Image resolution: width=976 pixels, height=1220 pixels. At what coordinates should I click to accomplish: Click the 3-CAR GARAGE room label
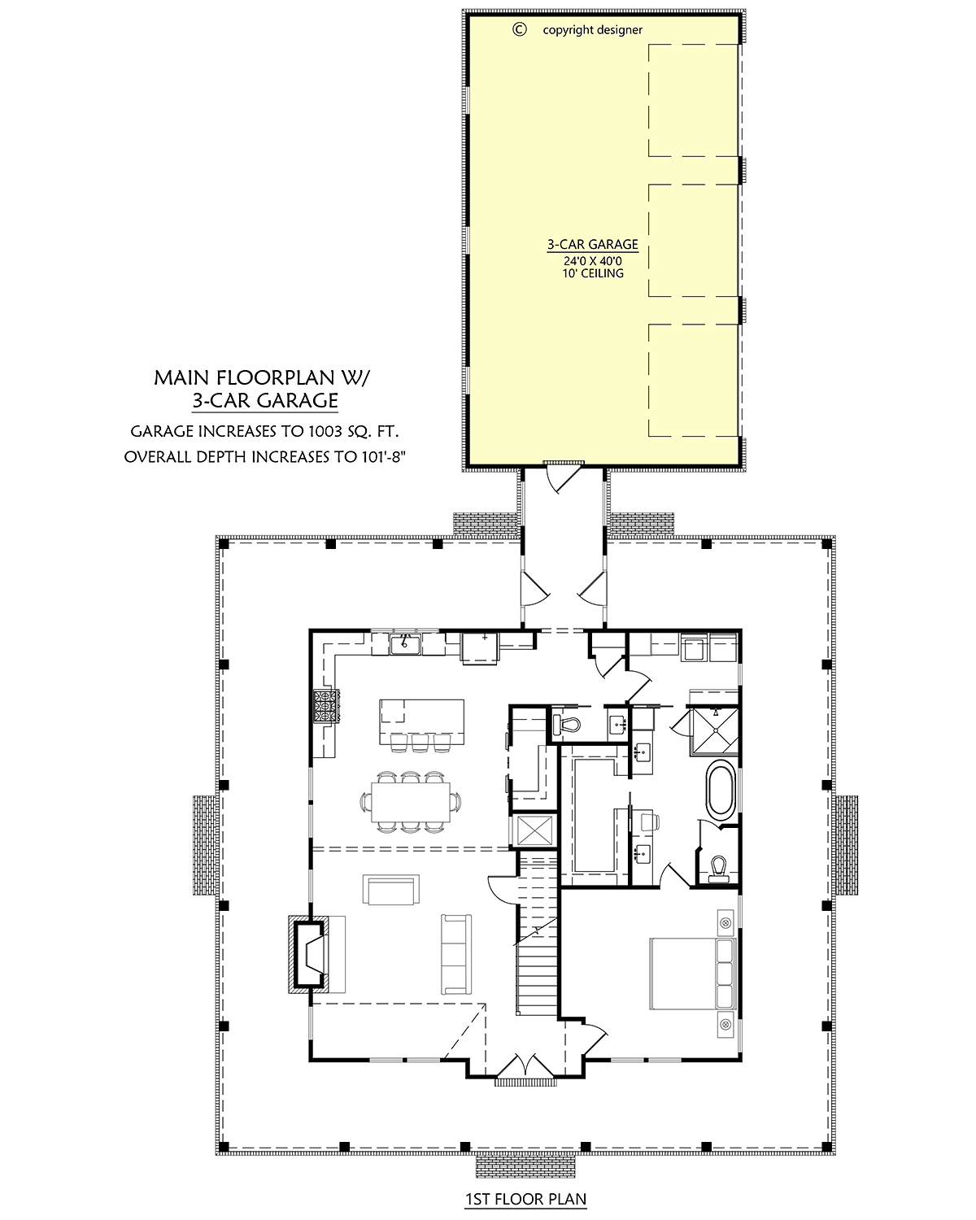(592, 244)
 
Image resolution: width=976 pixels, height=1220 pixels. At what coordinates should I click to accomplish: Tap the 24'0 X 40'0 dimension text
(593, 261)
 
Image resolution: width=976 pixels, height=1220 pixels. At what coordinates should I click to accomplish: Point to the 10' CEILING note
(593, 273)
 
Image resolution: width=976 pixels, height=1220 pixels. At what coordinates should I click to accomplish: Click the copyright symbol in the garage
(520, 29)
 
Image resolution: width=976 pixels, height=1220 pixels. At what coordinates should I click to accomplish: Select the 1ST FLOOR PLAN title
(525, 1199)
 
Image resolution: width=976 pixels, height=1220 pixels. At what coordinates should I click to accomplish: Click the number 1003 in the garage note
(325, 431)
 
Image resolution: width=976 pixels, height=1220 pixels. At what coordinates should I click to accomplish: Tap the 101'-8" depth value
(383, 457)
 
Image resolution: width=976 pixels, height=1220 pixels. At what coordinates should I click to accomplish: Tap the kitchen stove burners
(326, 705)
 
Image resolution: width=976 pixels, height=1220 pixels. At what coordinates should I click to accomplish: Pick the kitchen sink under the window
(405, 645)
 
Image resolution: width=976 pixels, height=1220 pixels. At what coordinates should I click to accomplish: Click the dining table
(411, 802)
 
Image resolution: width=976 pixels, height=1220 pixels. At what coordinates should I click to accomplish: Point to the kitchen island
(421, 721)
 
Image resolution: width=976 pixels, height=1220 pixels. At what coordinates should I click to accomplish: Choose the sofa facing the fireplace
(456, 954)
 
